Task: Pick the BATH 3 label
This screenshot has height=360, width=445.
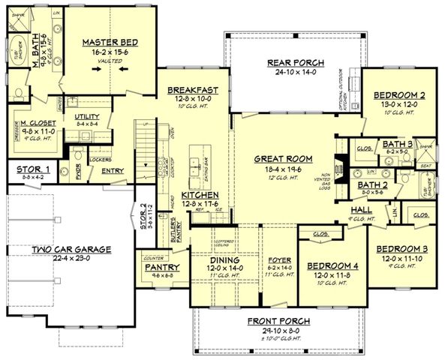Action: pos(376,143)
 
